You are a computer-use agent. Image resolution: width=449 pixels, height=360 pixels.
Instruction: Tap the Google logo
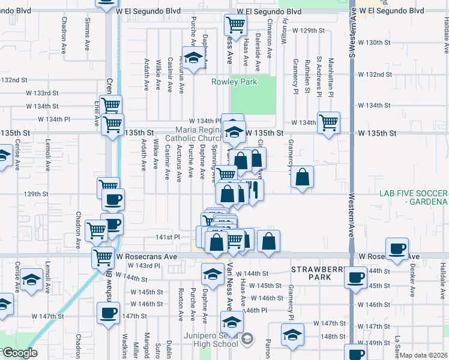click(x=20, y=353)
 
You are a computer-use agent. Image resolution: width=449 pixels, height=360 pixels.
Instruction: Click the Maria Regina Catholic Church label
click(x=199, y=134)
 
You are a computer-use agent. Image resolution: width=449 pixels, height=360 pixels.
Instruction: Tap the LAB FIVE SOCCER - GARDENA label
click(x=414, y=197)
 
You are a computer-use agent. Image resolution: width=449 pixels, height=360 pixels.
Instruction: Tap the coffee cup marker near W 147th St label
click(x=109, y=313)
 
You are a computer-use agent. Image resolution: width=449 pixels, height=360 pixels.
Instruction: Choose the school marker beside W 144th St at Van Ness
click(x=211, y=273)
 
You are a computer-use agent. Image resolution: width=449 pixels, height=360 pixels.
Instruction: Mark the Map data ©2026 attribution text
click(x=424, y=355)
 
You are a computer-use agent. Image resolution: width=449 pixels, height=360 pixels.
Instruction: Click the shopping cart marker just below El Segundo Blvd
click(x=235, y=25)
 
